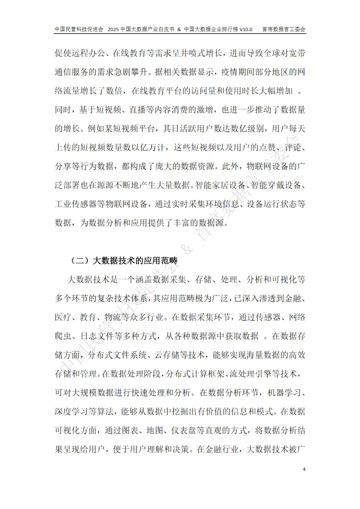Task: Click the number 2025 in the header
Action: tap(113, 29)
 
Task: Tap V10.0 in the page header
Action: tap(246, 29)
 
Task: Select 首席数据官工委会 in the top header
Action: tap(284, 29)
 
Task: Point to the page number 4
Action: tap(304, 469)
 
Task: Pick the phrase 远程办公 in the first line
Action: tap(88, 53)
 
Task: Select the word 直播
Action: tap(137, 110)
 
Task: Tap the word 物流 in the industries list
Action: tap(113, 317)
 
